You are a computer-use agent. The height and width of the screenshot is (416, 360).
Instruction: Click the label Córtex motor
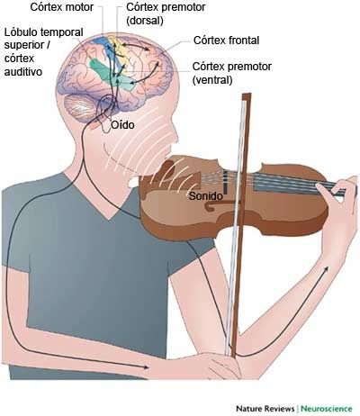[62, 7]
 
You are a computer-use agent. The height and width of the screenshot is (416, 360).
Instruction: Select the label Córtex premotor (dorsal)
[166, 14]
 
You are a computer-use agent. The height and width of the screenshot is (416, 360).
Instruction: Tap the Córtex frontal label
[227, 41]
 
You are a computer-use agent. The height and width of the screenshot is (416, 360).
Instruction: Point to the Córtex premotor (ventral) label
[232, 73]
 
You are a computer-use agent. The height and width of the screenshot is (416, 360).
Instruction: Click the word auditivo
[23, 72]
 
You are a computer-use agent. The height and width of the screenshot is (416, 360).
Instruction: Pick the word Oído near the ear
[122, 124]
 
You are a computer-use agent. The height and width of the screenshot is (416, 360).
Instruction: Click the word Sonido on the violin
[206, 196]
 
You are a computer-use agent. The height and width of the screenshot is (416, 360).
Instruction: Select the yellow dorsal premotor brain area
[120, 50]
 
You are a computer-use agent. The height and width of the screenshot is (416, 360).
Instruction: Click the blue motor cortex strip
[103, 48]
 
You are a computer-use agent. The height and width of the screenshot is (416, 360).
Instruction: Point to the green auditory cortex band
[112, 75]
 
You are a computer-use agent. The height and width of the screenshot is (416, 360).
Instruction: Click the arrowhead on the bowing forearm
[146, 367]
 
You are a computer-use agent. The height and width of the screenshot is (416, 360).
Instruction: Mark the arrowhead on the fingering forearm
[325, 269]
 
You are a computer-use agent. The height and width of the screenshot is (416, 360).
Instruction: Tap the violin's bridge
[225, 182]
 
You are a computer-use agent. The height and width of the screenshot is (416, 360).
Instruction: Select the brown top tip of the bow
[247, 97]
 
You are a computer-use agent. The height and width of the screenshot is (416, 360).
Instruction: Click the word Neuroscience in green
[327, 408]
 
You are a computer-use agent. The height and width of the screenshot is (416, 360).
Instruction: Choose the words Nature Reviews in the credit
[265, 408]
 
